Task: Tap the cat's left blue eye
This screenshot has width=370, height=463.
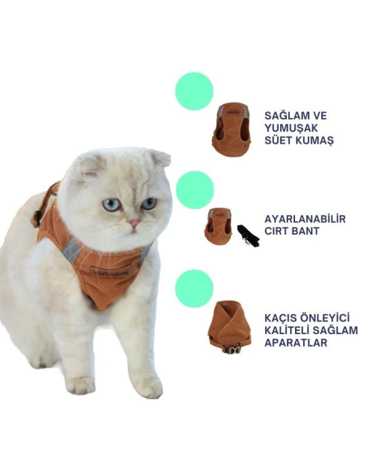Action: (111, 205)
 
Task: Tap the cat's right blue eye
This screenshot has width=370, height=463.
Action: (149, 203)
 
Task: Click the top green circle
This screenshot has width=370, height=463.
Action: (194, 91)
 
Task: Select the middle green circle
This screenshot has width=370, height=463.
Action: (195, 190)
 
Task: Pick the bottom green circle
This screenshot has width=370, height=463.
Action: (194, 288)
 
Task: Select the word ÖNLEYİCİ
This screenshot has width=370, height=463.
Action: (332, 318)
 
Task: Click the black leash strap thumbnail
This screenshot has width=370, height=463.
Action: (247, 235)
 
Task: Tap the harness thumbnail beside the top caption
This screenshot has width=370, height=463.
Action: (231, 129)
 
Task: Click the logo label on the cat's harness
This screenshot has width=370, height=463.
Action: (109, 271)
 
